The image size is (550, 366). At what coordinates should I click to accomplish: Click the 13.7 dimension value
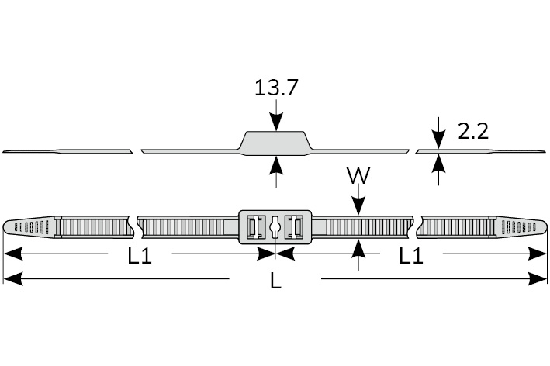(x=276, y=88)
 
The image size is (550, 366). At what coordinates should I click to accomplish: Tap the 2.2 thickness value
(x=473, y=132)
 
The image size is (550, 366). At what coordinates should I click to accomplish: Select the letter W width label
(x=358, y=175)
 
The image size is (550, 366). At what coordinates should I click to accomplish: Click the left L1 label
(x=140, y=256)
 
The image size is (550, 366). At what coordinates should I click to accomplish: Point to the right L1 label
(x=411, y=256)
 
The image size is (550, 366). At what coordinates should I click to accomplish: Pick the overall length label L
(x=275, y=281)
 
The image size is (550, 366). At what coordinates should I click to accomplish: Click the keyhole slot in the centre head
(x=275, y=227)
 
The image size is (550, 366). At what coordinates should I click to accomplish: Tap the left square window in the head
(x=255, y=227)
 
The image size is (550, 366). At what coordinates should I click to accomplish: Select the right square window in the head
(x=293, y=227)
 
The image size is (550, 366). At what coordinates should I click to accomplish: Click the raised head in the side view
(x=275, y=143)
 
